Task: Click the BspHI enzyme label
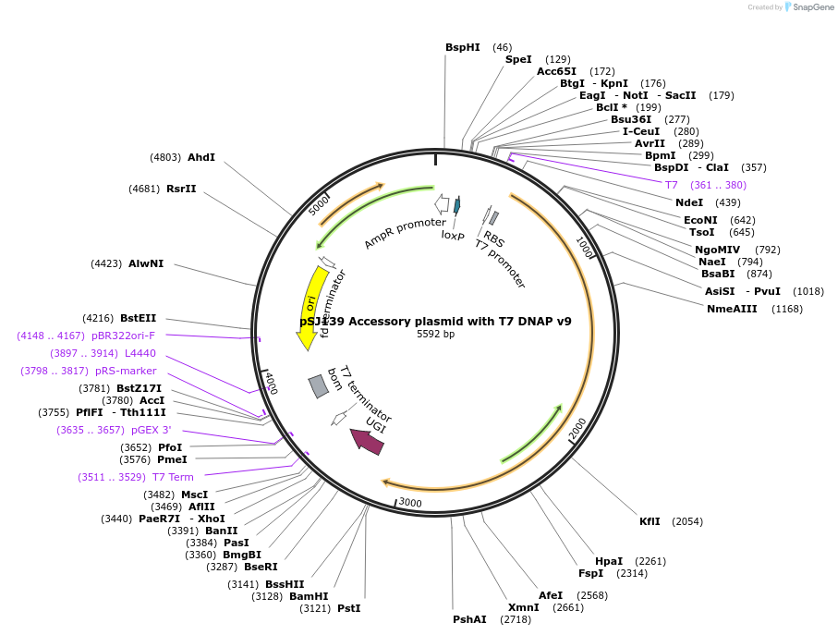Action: click(463, 47)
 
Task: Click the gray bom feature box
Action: click(318, 386)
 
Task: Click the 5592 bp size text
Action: click(435, 335)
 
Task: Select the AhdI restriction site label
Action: click(200, 157)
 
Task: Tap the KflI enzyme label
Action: click(650, 521)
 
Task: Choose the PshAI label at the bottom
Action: click(469, 619)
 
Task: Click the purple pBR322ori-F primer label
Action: click(123, 336)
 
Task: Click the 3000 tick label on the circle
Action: click(409, 503)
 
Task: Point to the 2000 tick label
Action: click(577, 429)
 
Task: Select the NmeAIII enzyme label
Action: click(732, 309)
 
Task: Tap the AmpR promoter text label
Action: click(405, 233)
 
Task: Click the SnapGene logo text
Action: click(813, 7)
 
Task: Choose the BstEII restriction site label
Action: click(138, 318)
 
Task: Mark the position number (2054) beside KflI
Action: click(686, 521)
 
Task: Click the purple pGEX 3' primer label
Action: click(152, 430)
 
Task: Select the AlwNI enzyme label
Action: click(146, 263)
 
